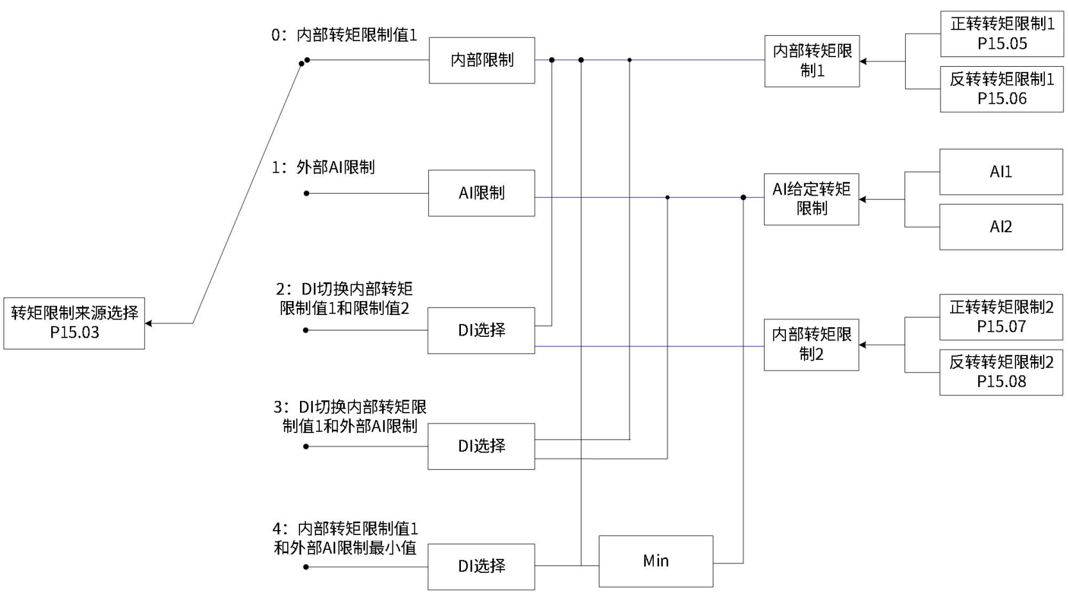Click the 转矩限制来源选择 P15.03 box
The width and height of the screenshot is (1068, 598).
tap(74, 323)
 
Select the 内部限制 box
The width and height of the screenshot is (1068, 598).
tap(481, 60)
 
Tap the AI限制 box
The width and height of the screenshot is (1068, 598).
tap(481, 193)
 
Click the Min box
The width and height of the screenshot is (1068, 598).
tap(656, 561)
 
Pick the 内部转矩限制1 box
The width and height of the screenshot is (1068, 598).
tap(812, 61)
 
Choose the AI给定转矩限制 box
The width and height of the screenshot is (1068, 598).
tap(811, 199)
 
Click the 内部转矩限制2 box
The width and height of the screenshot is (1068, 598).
tap(811, 345)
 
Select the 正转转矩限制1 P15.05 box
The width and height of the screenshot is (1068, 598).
tap(1001, 34)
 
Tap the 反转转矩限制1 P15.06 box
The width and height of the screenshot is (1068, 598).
tap(1001, 89)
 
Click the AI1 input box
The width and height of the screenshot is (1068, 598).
tap(1001, 172)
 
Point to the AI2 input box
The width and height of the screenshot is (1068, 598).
tap(1001, 226)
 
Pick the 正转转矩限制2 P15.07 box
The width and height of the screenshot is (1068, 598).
tap(1001, 317)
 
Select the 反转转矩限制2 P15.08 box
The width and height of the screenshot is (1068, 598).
tap(1001, 372)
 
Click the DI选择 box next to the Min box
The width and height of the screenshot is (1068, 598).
tap(481, 567)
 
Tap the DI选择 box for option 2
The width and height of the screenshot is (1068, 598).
tap(481, 330)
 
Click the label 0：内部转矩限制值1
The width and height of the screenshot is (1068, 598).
tap(344, 35)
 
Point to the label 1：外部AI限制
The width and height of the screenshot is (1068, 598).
tap(323, 168)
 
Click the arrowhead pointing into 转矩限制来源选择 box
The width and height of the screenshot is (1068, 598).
tap(149, 323)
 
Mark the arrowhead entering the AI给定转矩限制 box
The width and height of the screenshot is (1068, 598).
tap(863, 200)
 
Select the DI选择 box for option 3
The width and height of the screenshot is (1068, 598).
tap(481, 446)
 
